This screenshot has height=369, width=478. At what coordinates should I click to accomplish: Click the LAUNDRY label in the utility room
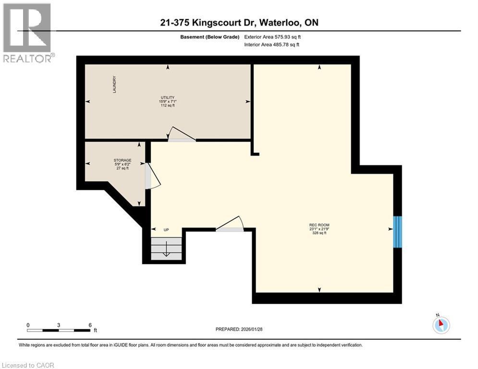(x=114, y=85)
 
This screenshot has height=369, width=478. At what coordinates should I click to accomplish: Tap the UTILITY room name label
(x=168, y=97)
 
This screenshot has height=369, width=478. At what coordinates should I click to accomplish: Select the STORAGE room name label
(x=123, y=160)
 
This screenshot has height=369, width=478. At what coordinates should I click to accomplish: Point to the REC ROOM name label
(x=319, y=225)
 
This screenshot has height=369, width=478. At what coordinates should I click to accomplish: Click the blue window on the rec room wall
(x=397, y=232)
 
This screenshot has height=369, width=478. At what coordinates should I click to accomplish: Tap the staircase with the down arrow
(x=166, y=248)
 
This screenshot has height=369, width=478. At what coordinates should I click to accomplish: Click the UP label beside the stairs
(x=166, y=230)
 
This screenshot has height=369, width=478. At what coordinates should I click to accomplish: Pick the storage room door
(x=152, y=175)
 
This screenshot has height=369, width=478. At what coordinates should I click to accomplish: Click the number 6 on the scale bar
(x=90, y=325)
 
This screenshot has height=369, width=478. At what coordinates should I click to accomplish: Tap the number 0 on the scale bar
(x=28, y=325)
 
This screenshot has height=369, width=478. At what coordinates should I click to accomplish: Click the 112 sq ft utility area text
(x=168, y=106)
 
